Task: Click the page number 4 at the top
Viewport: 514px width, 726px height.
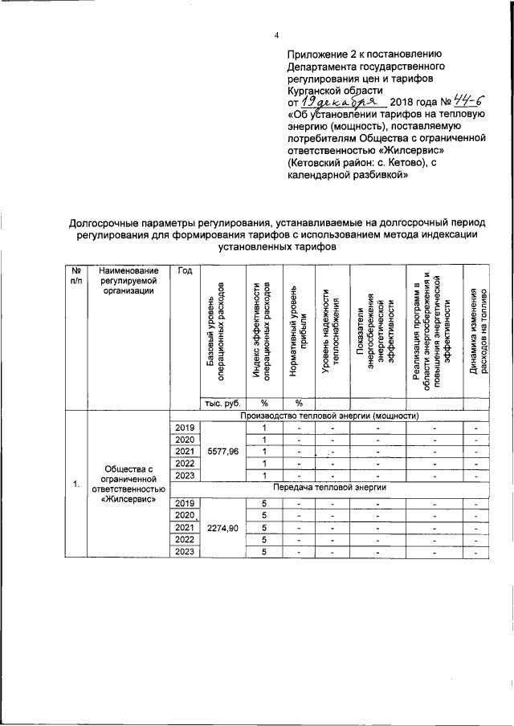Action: [x=276, y=36]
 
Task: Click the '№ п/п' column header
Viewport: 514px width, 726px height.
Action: [x=75, y=276]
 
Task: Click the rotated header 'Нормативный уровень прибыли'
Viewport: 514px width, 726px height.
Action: [x=298, y=328]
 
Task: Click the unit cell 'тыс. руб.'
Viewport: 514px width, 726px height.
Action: [x=221, y=403]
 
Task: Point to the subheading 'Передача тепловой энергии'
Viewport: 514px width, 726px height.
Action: [x=328, y=487]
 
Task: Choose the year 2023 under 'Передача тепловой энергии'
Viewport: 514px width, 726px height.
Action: [x=185, y=551]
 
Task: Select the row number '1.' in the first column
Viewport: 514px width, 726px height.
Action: [x=75, y=484]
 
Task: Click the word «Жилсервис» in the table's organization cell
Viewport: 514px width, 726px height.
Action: [x=127, y=501]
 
